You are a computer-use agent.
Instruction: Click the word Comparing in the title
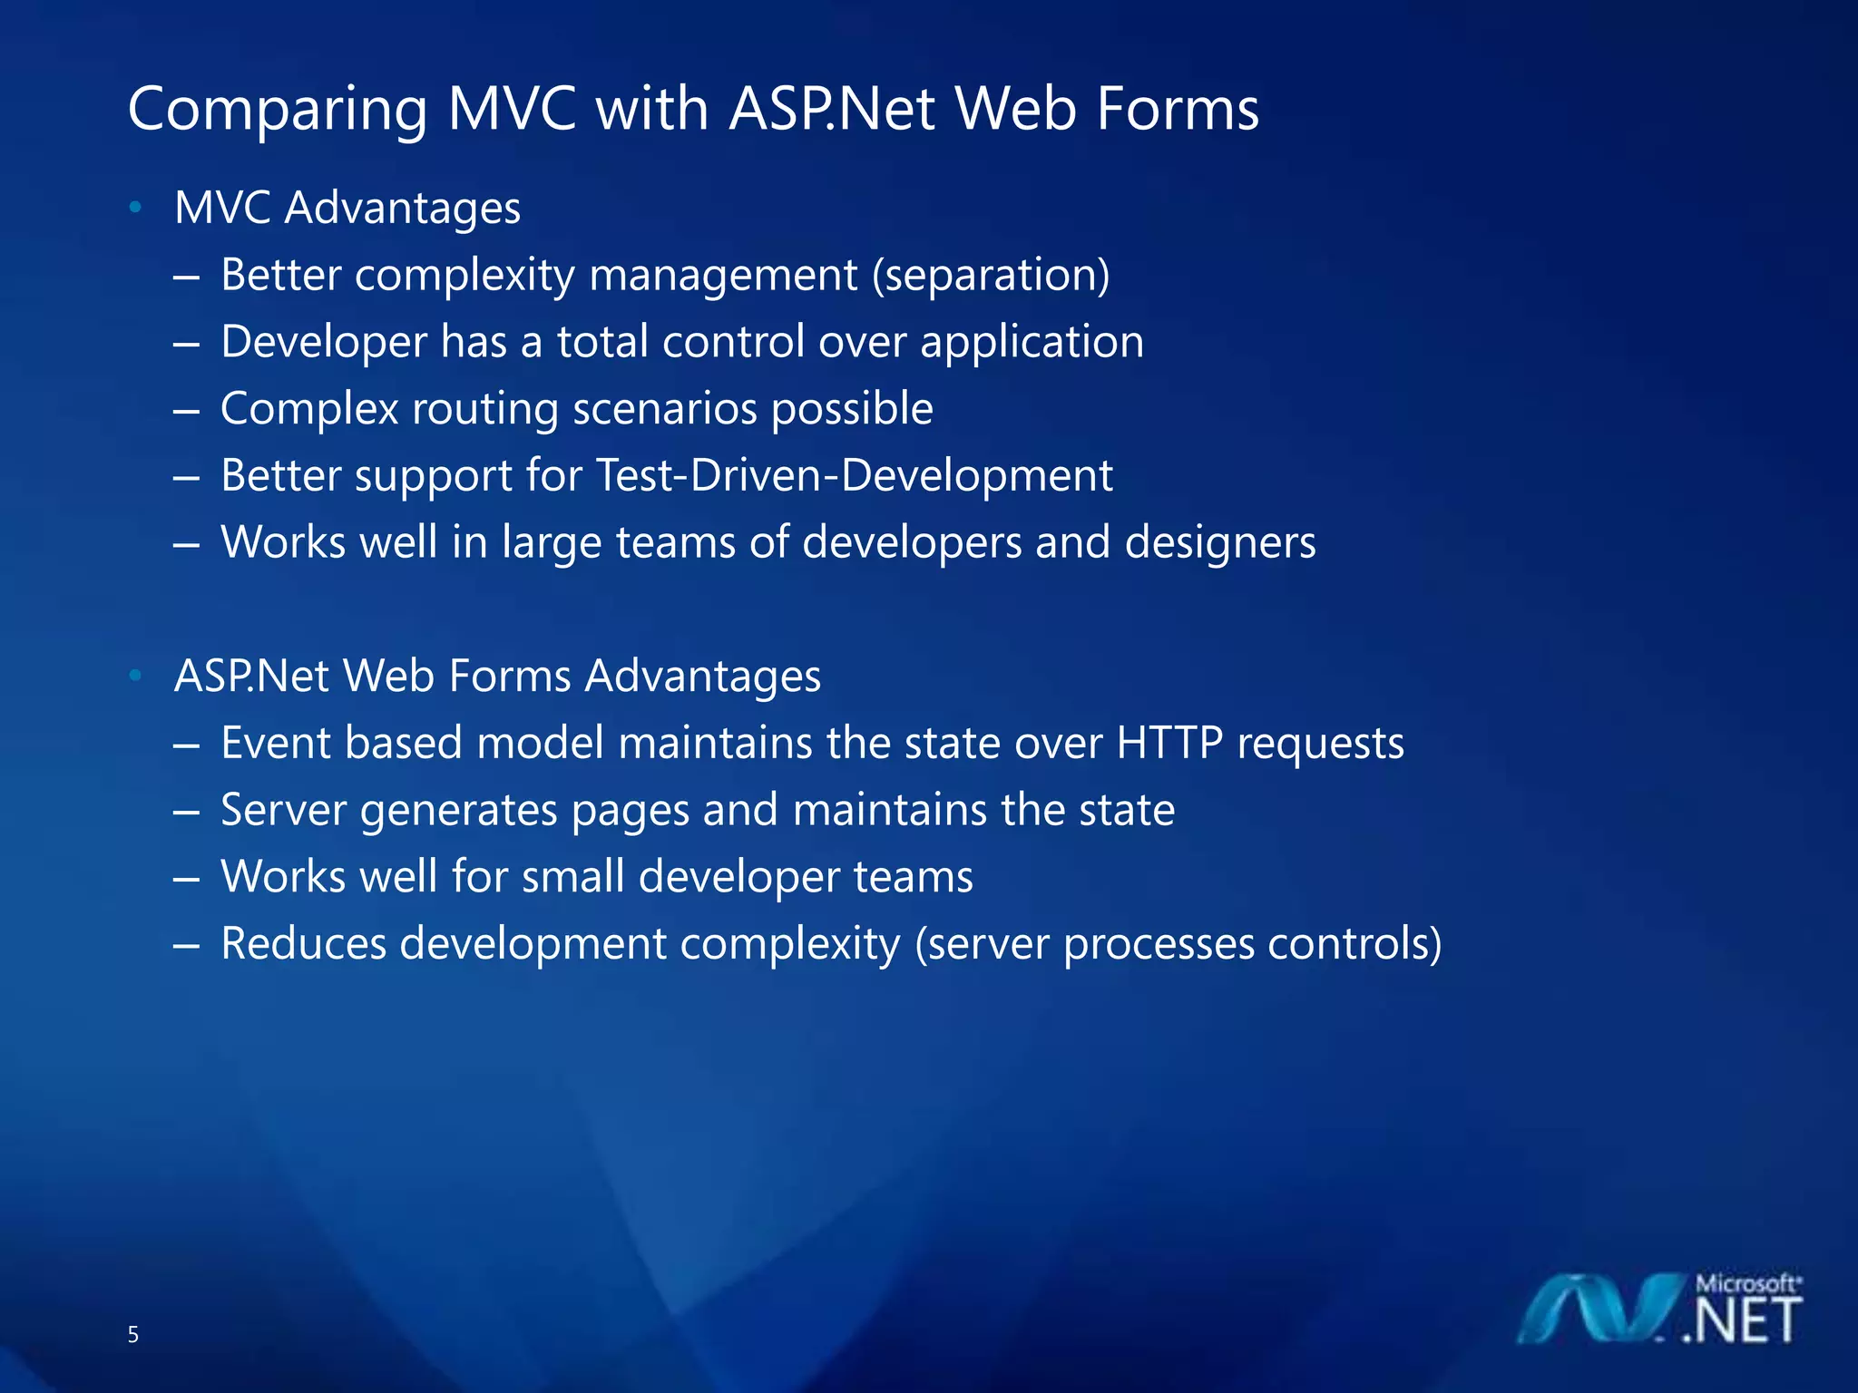277,111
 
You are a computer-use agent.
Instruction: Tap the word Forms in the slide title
1177,109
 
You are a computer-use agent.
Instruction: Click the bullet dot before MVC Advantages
135,208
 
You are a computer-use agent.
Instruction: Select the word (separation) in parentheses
991,275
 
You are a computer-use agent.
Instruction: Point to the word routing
485,409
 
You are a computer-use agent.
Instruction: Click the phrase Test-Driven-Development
853,475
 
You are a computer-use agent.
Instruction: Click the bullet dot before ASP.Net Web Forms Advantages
135,676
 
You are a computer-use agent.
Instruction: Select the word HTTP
1169,743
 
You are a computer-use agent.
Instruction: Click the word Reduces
304,943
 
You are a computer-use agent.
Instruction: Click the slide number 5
133,1334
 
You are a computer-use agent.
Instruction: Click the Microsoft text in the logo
1746,1283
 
